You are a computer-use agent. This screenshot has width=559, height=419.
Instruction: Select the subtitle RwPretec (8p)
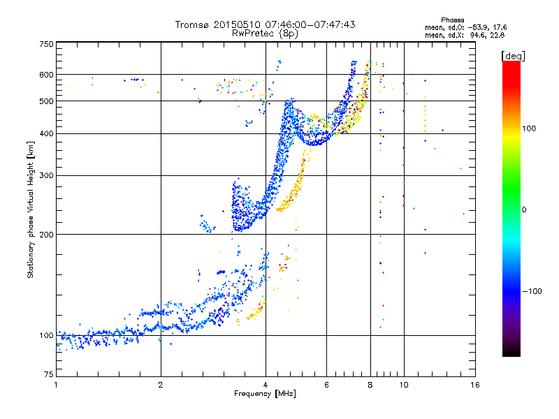click(x=265, y=34)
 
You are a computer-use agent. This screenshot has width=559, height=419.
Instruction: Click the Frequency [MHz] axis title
click(x=265, y=394)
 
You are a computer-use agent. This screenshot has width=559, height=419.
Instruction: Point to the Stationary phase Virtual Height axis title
click(x=31, y=209)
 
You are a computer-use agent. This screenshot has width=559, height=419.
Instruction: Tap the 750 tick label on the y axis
click(x=47, y=44)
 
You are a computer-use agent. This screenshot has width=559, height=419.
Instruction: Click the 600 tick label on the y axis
click(x=47, y=75)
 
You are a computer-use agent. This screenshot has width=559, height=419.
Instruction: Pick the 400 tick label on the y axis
click(x=47, y=134)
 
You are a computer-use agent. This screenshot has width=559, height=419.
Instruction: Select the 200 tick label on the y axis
click(x=47, y=235)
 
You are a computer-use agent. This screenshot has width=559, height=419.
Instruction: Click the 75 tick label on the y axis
click(x=49, y=374)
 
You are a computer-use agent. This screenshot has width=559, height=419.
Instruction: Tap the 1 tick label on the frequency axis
click(x=56, y=385)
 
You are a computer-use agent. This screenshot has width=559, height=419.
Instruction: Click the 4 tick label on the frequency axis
click(x=266, y=385)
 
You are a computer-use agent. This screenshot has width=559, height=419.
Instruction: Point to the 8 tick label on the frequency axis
click(x=370, y=385)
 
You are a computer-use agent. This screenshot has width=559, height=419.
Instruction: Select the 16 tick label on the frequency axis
click(x=475, y=385)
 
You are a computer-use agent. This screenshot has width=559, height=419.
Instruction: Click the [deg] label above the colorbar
click(x=513, y=57)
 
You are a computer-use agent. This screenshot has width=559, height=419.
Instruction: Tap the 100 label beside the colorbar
click(x=529, y=128)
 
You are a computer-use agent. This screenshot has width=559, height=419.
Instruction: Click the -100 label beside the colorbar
click(x=532, y=291)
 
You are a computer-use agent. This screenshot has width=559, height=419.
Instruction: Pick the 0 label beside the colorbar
click(x=524, y=210)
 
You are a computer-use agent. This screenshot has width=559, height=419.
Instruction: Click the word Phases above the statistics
click(x=452, y=20)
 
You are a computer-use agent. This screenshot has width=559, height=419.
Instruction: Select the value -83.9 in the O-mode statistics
click(x=477, y=27)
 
